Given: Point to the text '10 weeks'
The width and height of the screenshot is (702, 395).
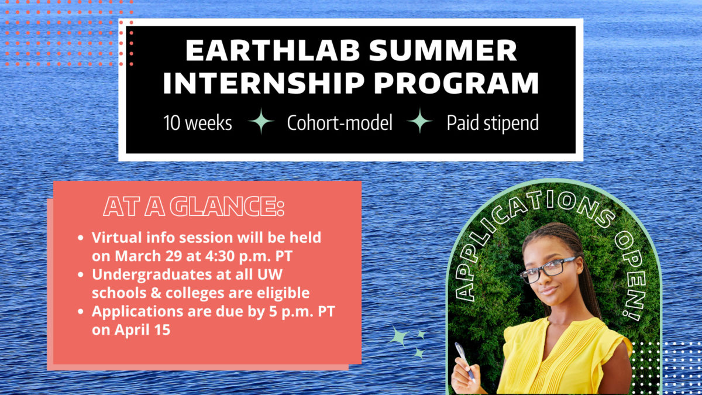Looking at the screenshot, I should click(x=197, y=123).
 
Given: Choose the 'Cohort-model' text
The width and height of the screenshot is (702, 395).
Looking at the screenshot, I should click(x=340, y=123).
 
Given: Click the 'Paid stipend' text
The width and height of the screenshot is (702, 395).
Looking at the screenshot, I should click(x=493, y=123).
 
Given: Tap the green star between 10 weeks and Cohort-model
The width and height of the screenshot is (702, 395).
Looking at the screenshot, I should click(x=260, y=122).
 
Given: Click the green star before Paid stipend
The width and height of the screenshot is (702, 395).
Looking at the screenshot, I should click(x=419, y=122).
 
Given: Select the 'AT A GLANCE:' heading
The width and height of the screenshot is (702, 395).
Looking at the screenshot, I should click(x=194, y=208).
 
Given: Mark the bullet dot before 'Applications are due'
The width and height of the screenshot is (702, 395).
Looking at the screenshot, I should click(x=81, y=311).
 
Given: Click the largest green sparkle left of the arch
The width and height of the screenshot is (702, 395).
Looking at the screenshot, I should click(x=399, y=337).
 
